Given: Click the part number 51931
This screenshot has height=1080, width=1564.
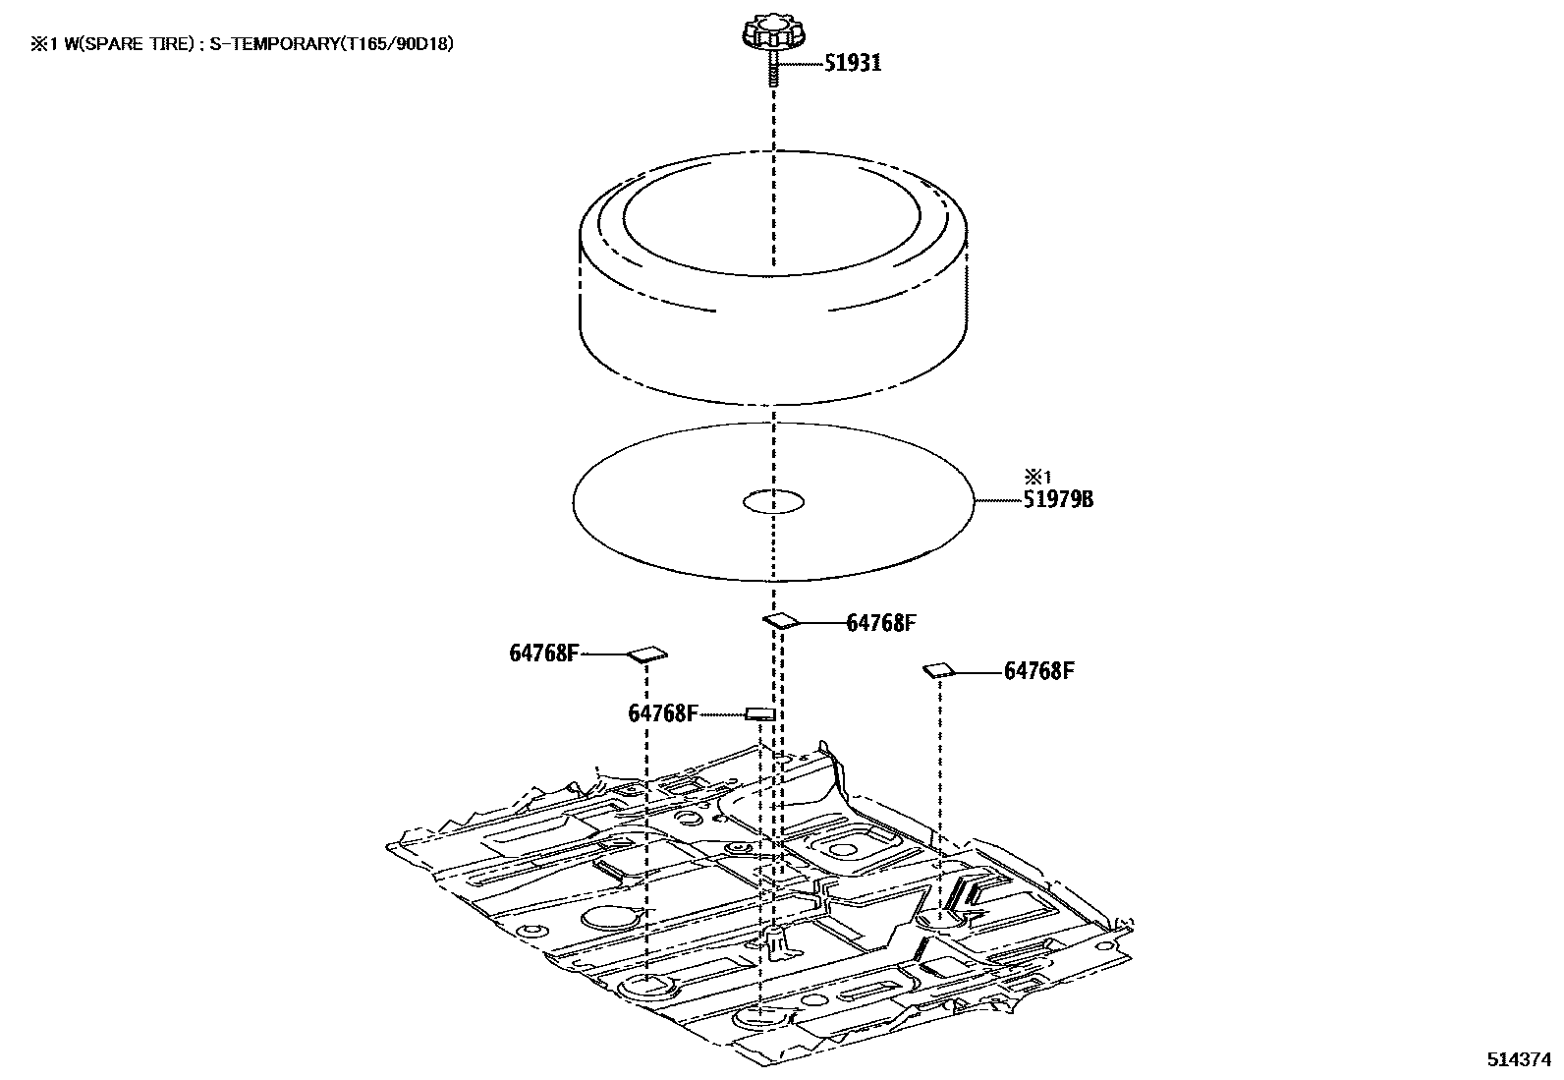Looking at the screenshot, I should point(852,63).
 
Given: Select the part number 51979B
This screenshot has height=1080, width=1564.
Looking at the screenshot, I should point(1058,499).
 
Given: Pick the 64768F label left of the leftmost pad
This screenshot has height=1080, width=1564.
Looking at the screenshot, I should point(544,653).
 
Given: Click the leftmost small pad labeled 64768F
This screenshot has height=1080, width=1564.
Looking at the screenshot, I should point(646,654).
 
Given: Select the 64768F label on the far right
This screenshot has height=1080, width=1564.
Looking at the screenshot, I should point(1038,671).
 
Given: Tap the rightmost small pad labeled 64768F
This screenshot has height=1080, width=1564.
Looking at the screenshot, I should point(937,670).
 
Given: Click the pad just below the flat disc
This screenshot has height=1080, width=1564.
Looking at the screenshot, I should point(782,620).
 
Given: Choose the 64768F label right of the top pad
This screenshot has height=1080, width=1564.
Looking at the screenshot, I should point(881,623).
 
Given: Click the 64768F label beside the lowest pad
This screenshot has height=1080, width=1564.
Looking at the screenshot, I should point(663,713).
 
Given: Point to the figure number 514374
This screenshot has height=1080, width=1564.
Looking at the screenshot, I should point(1520,1060).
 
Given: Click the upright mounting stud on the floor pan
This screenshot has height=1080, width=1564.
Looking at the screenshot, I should point(774,938).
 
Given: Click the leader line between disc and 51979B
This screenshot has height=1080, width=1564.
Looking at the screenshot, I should point(997,500).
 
